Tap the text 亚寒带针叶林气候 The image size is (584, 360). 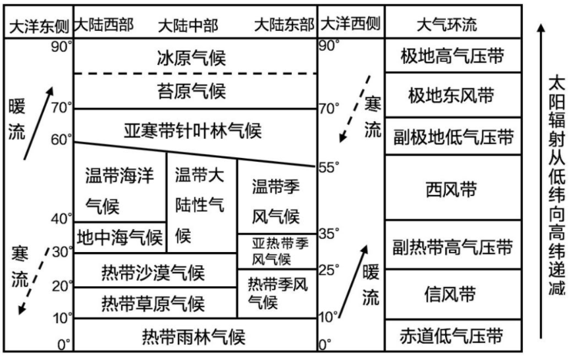[192, 130]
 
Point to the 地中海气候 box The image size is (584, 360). [120, 236]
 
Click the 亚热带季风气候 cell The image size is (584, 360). [277, 251]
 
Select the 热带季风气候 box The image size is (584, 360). [277, 293]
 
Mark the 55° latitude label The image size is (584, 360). [329, 167]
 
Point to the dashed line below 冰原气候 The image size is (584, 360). [195, 74]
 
